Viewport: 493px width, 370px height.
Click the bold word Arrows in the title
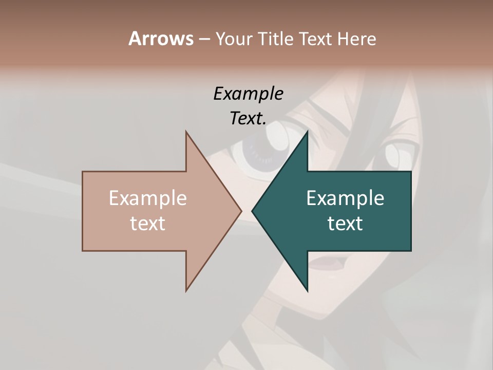coord(161,39)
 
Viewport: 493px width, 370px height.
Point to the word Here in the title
coord(357,39)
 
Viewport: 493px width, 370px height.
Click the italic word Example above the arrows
coord(248,94)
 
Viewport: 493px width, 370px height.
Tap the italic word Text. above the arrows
coord(248,118)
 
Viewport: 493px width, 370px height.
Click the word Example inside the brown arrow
coord(148,198)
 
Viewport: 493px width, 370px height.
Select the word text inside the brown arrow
coord(148,224)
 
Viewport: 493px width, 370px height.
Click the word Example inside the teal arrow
coord(345,198)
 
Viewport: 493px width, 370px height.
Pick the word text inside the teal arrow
coord(345,224)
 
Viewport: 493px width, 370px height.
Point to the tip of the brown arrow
coord(240,211)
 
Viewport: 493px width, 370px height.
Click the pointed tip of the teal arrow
coord(253,211)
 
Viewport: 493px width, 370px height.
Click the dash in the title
coord(204,40)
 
